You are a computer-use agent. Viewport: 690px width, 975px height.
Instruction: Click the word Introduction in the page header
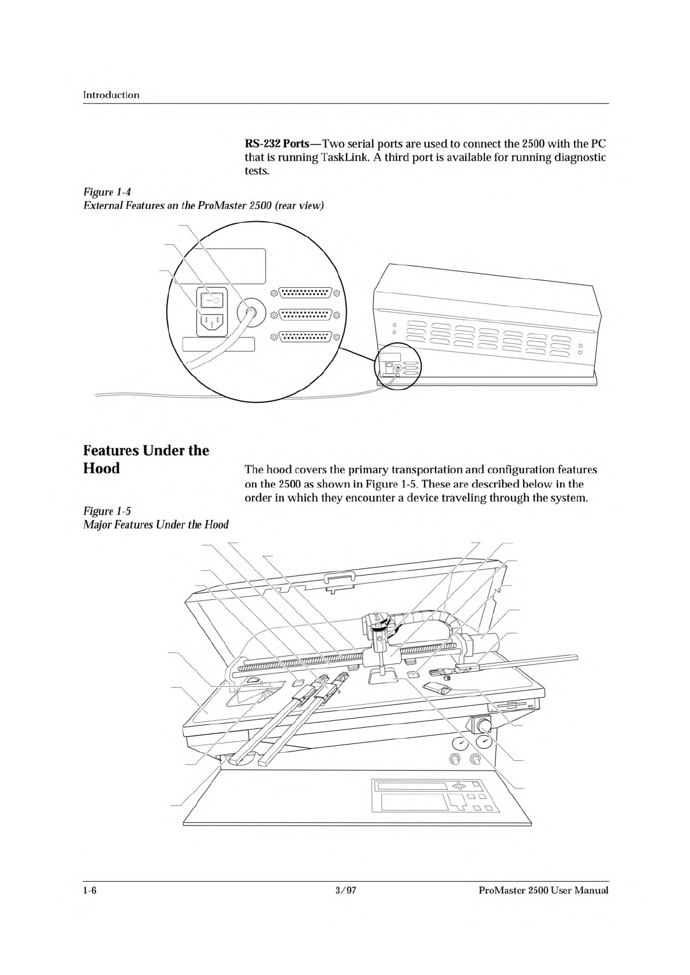(x=111, y=95)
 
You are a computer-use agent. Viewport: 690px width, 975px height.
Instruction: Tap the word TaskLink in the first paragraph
(x=339, y=157)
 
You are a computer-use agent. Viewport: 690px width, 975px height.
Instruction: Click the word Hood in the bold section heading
(x=101, y=468)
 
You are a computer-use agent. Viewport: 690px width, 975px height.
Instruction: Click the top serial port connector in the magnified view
(x=305, y=293)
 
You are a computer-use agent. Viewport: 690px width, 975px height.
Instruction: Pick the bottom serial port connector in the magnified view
(x=305, y=336)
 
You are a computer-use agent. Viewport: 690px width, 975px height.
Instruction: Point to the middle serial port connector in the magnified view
(x=305, y=314)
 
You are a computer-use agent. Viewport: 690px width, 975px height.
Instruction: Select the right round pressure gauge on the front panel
(x=484, y=741)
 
